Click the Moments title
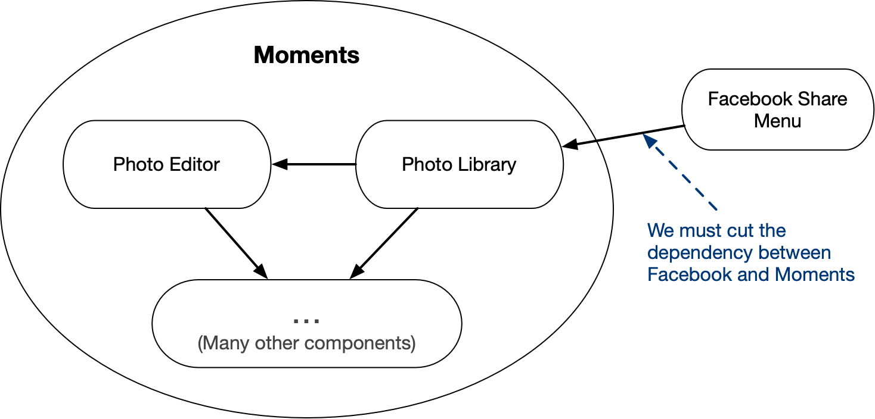pyautogui.click(x=306, y=55)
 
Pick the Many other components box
pyautogui.click(x=306, y=357)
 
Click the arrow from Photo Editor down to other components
pyautogui.click(x=235, y=242)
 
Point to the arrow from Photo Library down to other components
pyautogui.click(x=384, y=242)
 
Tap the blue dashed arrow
pyautogui.click(x=679, y=172)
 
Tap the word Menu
pyautogui.click(x=777, y=121)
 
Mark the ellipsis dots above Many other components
pyautogui.click(x=306, y=320)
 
